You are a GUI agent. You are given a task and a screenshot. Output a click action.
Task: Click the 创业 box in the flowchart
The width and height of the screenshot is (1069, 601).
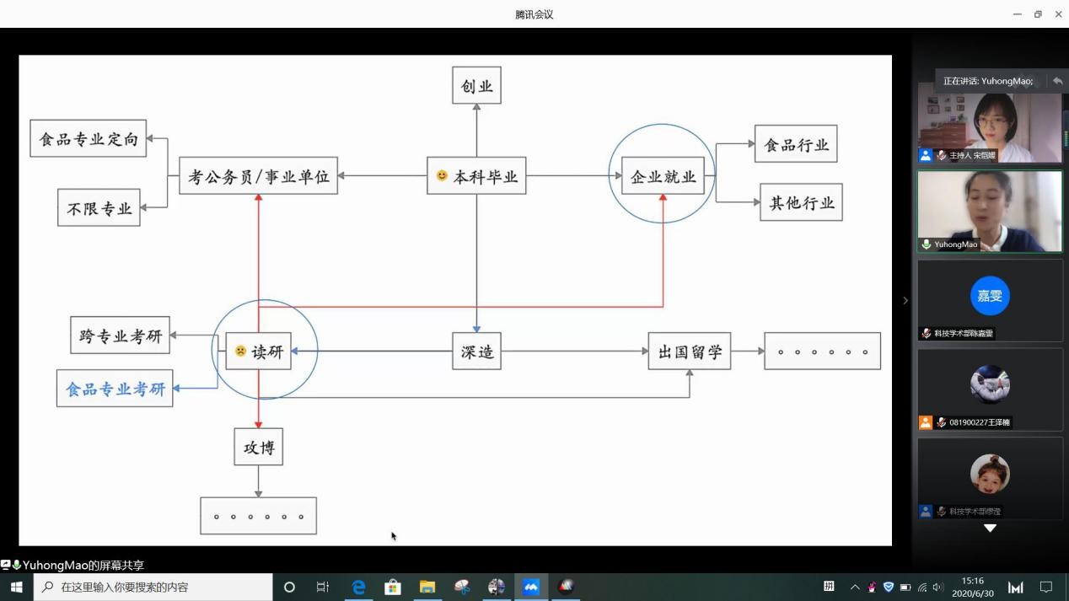476,86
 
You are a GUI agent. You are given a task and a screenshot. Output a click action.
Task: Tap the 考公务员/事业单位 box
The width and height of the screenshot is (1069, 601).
258,176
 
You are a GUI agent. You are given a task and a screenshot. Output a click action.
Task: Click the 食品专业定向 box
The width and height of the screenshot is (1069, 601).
88,138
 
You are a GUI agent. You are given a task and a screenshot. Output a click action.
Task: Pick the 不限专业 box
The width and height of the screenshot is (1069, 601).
99,207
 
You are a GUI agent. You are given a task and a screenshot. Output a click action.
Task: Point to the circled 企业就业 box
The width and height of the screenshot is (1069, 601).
663,176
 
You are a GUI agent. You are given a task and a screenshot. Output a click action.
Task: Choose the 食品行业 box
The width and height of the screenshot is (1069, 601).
796,144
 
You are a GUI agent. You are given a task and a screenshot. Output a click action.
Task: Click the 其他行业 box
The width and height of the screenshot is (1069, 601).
801,202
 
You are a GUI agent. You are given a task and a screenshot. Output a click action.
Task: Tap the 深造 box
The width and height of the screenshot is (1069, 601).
476,351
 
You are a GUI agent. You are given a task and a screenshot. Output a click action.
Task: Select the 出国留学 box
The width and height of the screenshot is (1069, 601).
689,351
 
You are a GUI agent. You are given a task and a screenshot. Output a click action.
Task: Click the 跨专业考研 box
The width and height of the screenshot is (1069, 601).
120,335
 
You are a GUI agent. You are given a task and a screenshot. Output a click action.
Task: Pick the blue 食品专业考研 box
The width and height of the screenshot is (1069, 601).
115,389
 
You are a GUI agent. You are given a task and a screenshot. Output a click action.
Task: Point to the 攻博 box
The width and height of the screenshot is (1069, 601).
258,447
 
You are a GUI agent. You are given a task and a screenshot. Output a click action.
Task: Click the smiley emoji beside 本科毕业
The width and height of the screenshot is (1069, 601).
442,176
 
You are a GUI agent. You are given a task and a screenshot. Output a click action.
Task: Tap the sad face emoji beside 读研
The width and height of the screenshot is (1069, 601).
240,351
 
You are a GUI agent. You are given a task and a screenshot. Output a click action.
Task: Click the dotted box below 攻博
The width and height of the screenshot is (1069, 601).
258,516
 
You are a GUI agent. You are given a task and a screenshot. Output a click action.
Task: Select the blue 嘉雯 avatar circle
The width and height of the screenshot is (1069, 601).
990,296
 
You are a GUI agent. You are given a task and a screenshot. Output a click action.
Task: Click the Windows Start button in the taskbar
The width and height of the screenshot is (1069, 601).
16,587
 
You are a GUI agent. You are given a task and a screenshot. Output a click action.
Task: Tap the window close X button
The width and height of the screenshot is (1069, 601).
1058,14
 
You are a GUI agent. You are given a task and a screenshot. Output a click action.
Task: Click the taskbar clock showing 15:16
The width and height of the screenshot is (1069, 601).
973,587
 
